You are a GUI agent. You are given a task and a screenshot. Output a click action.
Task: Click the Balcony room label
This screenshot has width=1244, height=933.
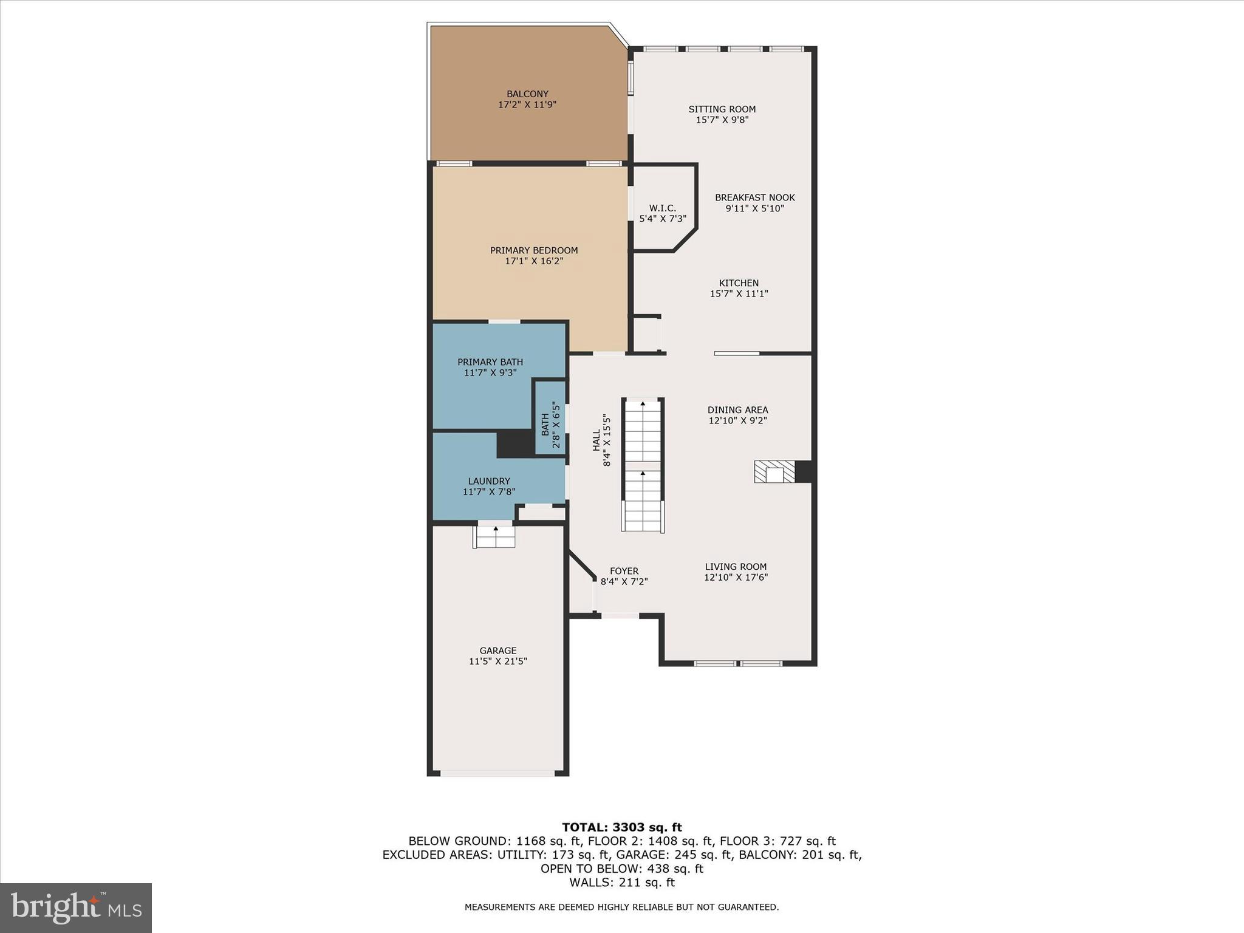(527, 94)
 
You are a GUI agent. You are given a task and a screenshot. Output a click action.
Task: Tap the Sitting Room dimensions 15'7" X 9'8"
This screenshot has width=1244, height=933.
(722, 120)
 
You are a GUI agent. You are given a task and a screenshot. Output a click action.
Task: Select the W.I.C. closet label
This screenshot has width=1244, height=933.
(662, 208)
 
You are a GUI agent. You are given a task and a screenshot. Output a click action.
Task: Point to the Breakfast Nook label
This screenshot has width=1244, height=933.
(754, 198)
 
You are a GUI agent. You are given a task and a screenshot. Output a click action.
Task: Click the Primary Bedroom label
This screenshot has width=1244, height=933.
(534, 250)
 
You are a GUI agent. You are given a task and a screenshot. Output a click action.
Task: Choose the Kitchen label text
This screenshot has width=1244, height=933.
(739, 283)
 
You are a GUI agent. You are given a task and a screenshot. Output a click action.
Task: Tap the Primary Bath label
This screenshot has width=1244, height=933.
(490, 362)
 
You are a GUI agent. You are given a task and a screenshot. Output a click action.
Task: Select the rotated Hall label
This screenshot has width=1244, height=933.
(596, 440)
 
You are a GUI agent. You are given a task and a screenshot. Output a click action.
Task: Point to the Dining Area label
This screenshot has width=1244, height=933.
(737, 410)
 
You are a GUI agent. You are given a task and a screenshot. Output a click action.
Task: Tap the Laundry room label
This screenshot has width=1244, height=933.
(489, 481)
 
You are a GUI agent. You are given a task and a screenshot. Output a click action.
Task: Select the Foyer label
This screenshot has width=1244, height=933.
(624, 571)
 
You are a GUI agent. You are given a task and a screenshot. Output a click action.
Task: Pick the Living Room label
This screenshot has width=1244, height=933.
(736, 567)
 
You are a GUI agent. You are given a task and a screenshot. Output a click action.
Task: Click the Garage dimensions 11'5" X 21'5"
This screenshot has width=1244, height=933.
(497, 661)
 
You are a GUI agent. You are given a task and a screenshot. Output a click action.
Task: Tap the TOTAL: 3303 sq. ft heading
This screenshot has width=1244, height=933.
(621, 827)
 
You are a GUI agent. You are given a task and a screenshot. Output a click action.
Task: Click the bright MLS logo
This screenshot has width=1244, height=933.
(76, 907)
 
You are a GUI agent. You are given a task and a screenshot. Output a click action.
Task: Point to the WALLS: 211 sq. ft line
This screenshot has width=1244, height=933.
(621, 883)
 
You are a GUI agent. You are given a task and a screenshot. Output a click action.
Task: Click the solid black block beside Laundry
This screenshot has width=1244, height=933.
(514, 443)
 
